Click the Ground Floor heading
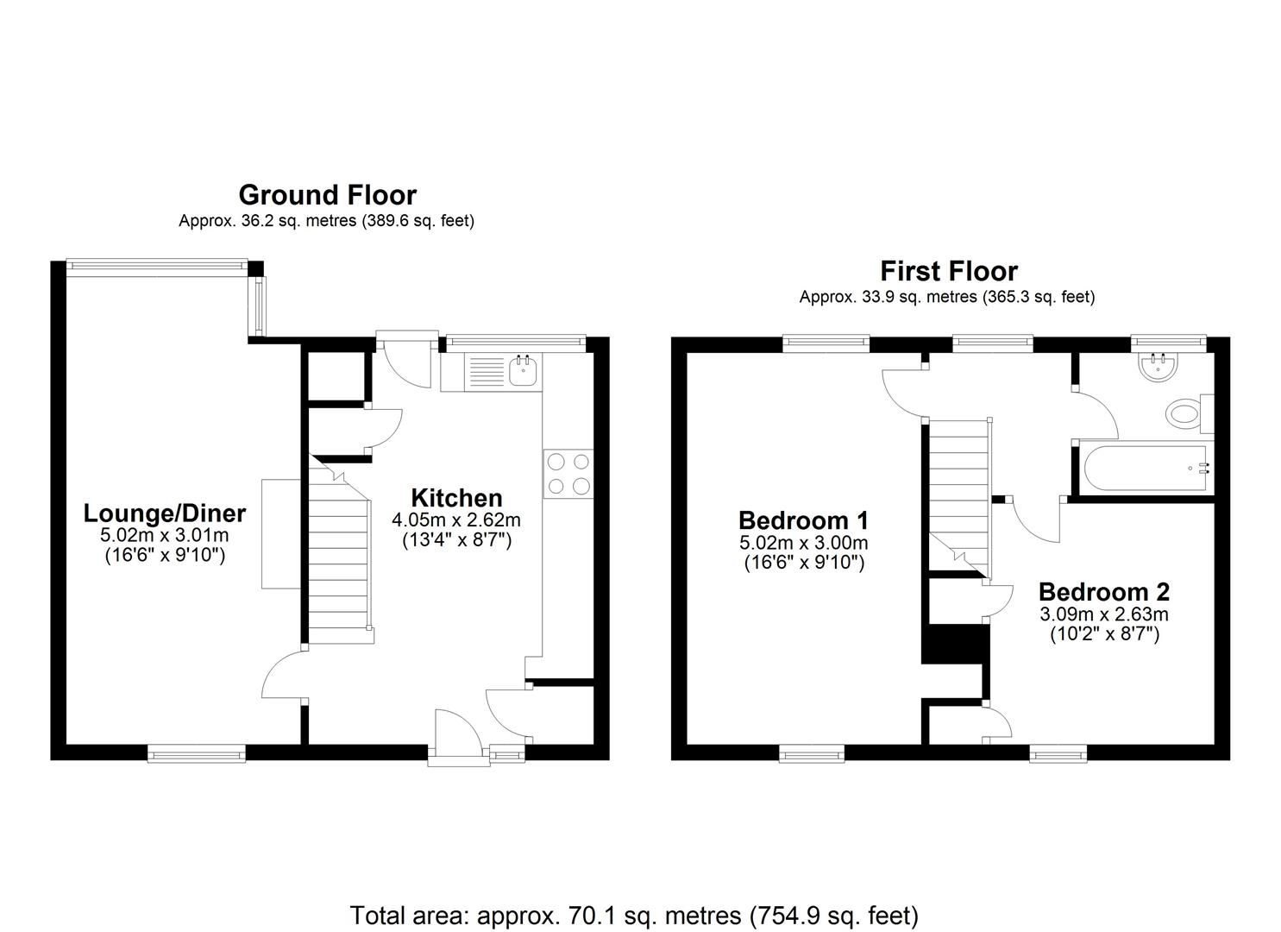pyautogui.click(x=327, y=195)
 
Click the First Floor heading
pyautogui.click(x=948, y=271)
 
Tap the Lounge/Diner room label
pyautogui.click(x=164, y=513)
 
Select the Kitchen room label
pyautogui.click(x=456, y=498)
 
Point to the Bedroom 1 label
pyautogui.click(x=803, y=520)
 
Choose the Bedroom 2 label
pyautogui.click(x=1103, y=592)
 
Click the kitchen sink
pyautogui.click(x=523, y=372)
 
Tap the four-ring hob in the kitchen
pyautogui.click(x=568, y=474)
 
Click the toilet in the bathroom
pyautogui.click(x=1187, y=413)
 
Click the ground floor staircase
pyautogui.click(x=339, y=561)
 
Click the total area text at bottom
pyautogui.click(x=634, y=915)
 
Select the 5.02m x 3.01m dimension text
pyautogui.click(x=164, y=536)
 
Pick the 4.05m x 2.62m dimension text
pyautogui.click(x=456, y=520)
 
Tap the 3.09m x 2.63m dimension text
pyautogui.click(x=1103, y=614)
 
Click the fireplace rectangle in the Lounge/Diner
pyautogui.click(x=280, y=533)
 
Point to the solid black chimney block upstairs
pyautogui.click(x=954, y=644)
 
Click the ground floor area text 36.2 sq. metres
pyautogui.click(x=326, y=221)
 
